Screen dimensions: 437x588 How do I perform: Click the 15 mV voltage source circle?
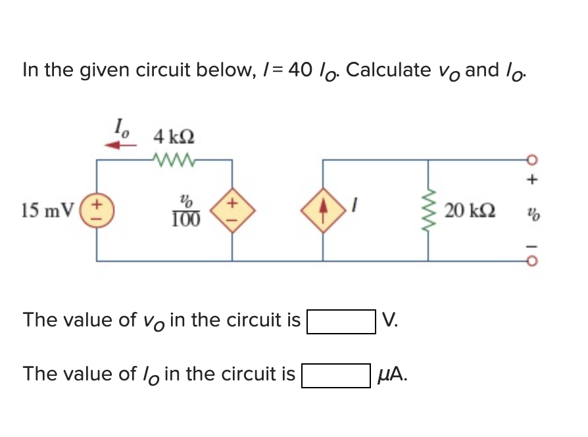[98, 211]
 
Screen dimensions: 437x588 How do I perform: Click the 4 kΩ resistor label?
[173, 138]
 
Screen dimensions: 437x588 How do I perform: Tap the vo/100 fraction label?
[187, 211]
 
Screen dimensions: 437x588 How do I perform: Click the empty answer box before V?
[341, 322]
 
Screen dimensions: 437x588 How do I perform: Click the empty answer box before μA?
[335, 376]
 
